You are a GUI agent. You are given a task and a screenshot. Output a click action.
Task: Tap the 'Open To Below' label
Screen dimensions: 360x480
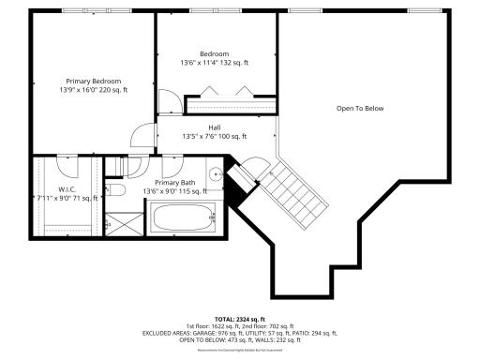pos(360,109)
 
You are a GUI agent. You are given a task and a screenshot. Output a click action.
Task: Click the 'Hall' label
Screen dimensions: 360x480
pos(215,127)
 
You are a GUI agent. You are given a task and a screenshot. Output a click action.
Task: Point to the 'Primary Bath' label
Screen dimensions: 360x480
pos(174,183)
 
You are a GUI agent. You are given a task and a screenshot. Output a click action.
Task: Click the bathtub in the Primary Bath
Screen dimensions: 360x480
pos(184,218)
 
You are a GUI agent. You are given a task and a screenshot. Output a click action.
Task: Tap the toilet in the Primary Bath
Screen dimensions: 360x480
pos(117,190)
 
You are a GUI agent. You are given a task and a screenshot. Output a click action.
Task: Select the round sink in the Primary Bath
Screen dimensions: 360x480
pos(215,173)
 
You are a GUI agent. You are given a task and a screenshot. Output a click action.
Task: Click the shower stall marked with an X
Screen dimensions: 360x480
pos(119,223)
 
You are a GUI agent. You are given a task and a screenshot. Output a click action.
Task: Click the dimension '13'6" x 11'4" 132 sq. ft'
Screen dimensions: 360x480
pos(215,64)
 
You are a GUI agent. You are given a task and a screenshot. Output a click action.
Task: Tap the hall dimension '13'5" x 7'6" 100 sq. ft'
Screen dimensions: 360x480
pos(215,136)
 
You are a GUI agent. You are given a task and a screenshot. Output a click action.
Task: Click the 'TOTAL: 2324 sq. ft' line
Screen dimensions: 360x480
pos(240,320)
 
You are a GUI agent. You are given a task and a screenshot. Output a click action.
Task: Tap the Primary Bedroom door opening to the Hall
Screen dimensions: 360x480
pos(141,138)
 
